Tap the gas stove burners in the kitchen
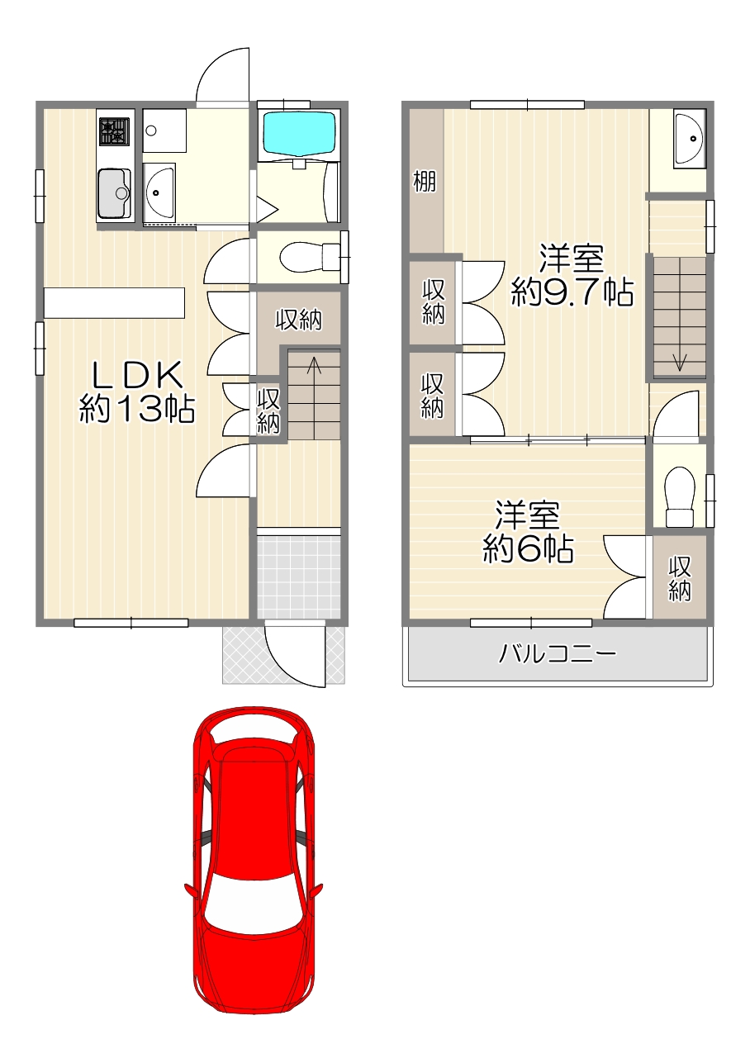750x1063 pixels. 113,131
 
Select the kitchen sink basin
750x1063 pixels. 114,193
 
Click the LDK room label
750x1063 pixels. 136,375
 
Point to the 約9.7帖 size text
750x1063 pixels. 572,292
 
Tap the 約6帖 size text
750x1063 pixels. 528,549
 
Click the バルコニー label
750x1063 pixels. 558,654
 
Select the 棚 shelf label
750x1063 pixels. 425,181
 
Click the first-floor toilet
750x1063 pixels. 310,258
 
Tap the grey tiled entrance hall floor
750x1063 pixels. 298,577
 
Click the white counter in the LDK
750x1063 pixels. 114,303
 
